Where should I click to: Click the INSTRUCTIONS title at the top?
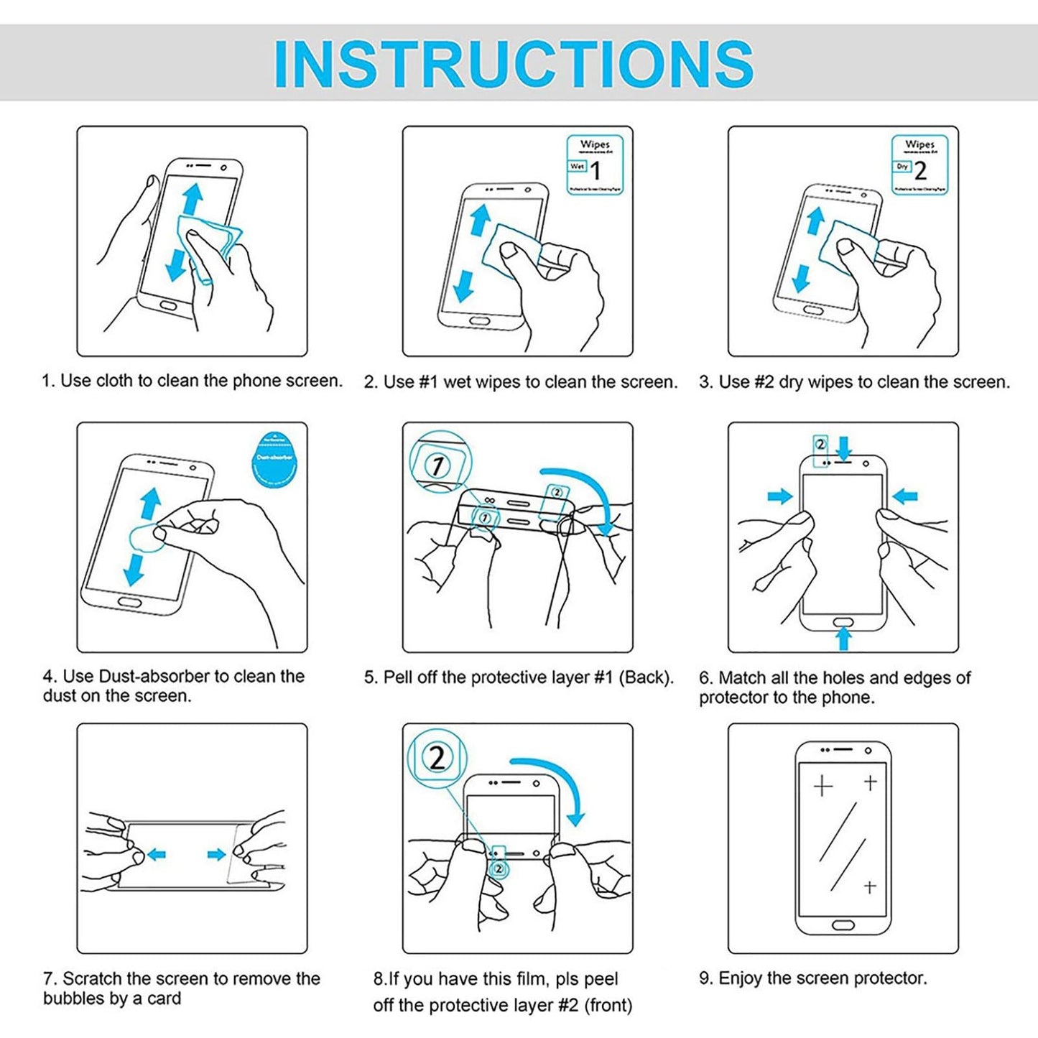pyautogui.click(x=514, y=64)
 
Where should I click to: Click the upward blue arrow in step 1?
pyautogui.click(x=190, y=197)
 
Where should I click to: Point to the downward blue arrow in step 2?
pyautogui.click(x=464, y=285)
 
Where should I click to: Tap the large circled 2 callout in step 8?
pyautogui.click(x=437, y=757)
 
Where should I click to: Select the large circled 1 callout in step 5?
pyautogui.click(x=437, y=465)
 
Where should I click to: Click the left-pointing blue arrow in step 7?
pyautogui.click(x=157, y=854)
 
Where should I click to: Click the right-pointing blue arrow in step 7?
pyautogui.click(x=216, y=854)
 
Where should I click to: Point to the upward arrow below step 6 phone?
pyautogui.click(x=844, y=637)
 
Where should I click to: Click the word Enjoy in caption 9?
pyautogui.click(x=741, y=978)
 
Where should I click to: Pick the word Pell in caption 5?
pyautogui.click(x=398, y=677)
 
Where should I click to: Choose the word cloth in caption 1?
pyautogui.click(x=113, y=381)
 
